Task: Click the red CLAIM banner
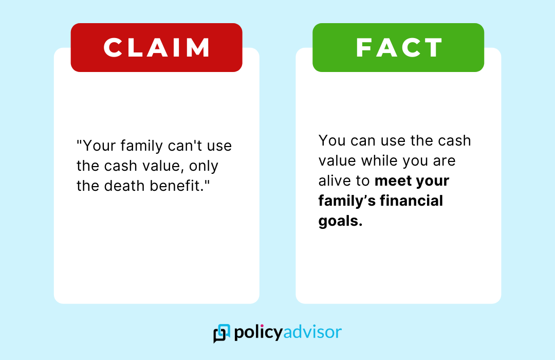pyautogui.click(x=156, y=47)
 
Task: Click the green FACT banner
pyautogui.click(x=398, y=47)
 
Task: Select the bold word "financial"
pyautogui.click(x=411, y=201)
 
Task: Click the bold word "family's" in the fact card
pyautogui.click(x=347, y=201)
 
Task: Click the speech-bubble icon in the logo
pyautogui.click(x=221, y=333)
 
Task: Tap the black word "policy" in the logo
pyautogui.click(x=258, y=333)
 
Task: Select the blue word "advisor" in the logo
pyautogui.click(x=312, y=332)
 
